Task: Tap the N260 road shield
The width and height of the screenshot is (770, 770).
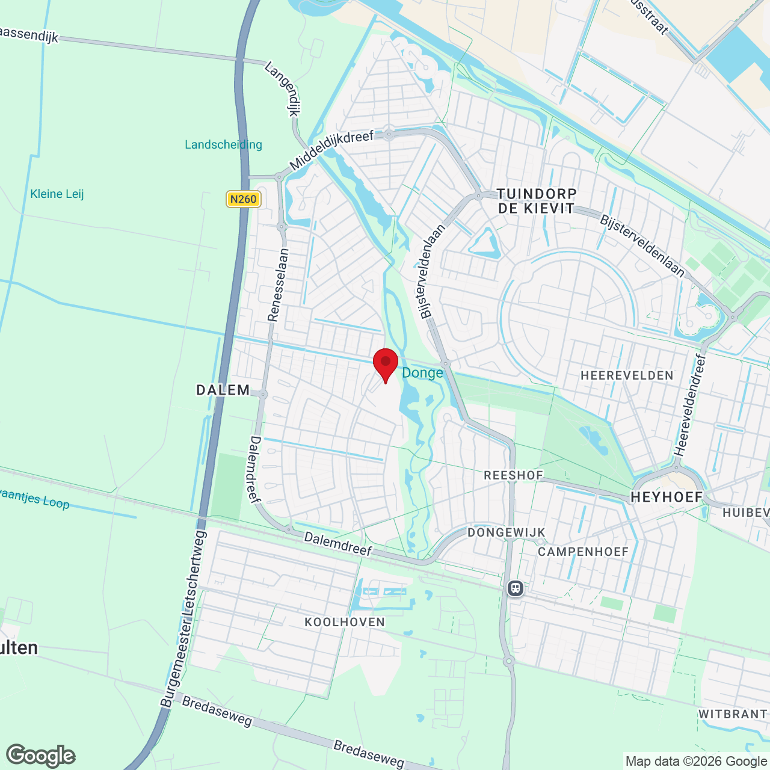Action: point(243,199)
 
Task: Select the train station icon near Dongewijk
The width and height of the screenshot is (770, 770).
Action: point(516,588)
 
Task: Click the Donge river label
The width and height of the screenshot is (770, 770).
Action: point(422,373)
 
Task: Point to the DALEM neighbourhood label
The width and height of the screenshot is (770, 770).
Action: point(223,390)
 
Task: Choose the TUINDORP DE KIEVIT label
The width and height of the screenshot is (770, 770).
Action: point(537,201)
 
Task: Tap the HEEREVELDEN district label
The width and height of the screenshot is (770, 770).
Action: point(627,376)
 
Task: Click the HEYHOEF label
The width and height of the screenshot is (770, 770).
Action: point(667,497)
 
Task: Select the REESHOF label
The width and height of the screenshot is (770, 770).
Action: point(514,475)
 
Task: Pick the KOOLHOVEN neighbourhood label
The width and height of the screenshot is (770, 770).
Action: point(345,622)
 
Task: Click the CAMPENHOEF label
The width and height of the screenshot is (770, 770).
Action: point(583,552)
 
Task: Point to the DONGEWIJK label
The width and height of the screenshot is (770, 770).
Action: point(507,532)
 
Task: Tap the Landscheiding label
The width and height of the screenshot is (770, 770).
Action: point(223,145)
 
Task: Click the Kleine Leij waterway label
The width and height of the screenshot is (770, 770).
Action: point(57,194)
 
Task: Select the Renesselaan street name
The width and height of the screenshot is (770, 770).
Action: point(279,285)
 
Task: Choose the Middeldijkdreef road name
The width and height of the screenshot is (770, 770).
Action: point(331,150)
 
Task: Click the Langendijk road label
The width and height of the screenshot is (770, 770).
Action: point(283,89)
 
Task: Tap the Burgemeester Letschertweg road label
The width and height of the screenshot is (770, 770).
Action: point(183,620)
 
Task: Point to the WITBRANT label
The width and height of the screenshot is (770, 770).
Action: point(733,714)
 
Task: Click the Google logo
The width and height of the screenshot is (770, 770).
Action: point(41,756)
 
